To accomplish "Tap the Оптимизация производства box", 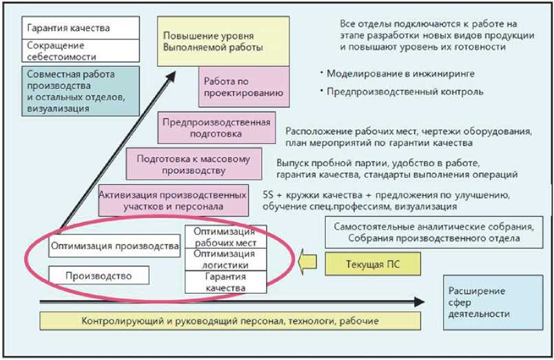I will tap(115, 245).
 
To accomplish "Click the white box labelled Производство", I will tap(99, 275).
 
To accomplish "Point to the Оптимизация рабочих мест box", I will tap(225, 237).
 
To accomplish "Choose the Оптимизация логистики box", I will tap(225, 259).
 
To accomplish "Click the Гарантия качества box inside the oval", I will tap(225, 281).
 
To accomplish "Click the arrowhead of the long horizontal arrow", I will tap(418, 301).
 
